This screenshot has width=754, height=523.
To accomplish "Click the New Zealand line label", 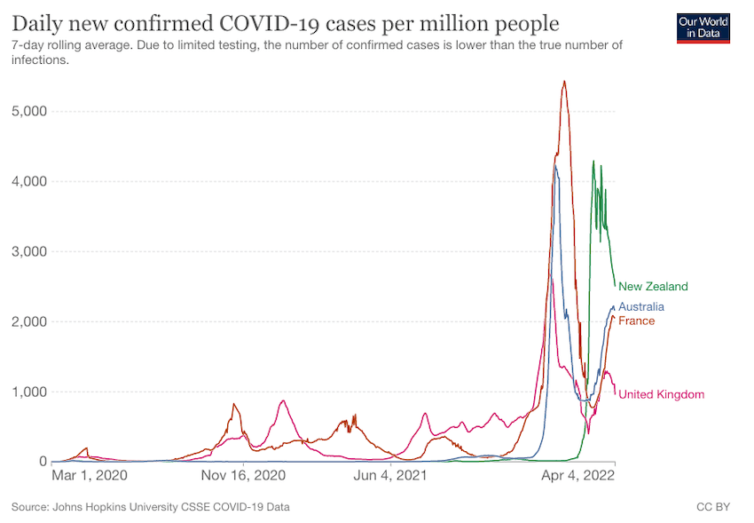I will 653,287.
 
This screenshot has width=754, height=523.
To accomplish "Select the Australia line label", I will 641,307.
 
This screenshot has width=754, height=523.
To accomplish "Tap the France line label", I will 636,321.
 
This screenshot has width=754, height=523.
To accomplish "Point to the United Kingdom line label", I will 661,394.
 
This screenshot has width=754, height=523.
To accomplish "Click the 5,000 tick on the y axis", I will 29,111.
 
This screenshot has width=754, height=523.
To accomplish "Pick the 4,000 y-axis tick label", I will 29,181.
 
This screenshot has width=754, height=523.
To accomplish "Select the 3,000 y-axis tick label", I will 29,251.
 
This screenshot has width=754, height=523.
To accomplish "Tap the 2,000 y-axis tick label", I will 29,321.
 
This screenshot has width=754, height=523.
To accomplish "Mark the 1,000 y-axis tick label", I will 29,392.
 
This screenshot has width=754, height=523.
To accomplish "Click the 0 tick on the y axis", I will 42,462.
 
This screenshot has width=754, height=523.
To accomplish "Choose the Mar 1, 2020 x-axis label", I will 89,476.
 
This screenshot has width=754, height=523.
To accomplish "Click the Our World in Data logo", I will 703,28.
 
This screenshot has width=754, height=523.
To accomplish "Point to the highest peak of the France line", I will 564,82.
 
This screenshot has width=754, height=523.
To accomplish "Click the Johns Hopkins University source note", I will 150,508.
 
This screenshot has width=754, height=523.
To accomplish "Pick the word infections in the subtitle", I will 40,61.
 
